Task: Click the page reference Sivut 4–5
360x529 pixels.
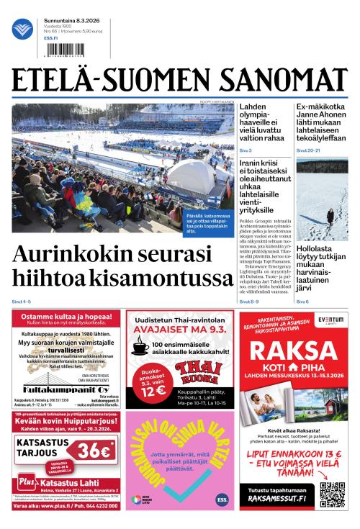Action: [x=21, y=301]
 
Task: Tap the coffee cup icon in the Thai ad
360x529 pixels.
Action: [x=140, y=349]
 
